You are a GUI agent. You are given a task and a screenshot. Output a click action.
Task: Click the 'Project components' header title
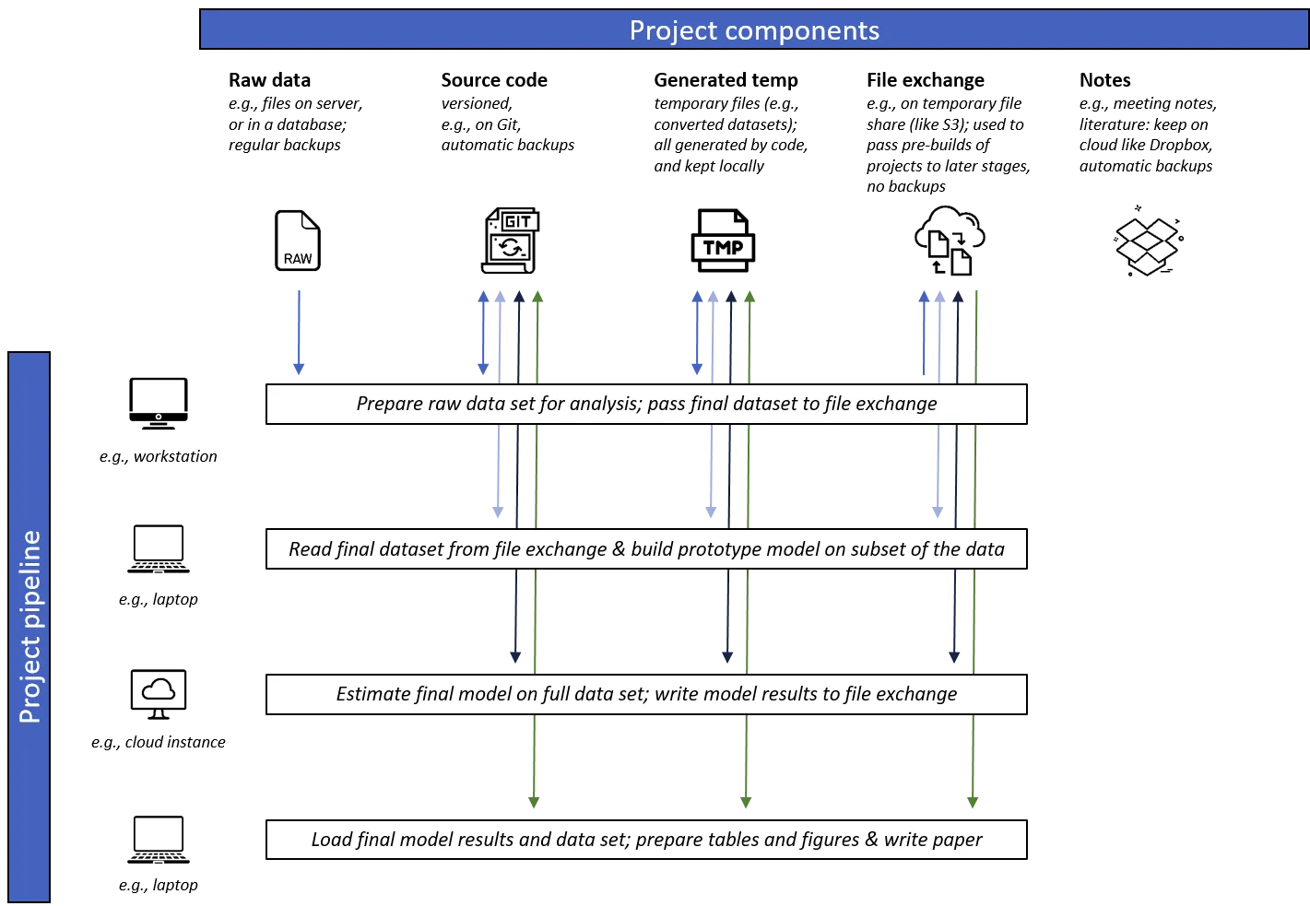click(x=754, y=30)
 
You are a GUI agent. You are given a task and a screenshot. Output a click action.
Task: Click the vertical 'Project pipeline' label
click(x=30, y=627)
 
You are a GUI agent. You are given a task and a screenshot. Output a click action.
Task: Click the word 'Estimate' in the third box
click(x=372, y=694)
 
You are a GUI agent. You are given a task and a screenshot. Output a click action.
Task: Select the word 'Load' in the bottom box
click(x=331, y=840)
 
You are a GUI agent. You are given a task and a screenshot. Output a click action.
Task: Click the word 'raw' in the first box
click(x=444, y=404)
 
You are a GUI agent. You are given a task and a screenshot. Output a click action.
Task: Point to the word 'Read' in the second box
click(x=310, y=549)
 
